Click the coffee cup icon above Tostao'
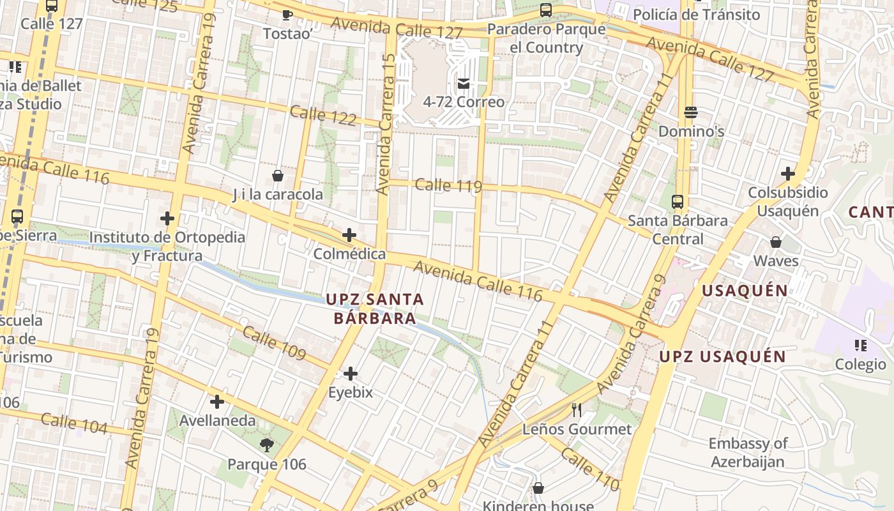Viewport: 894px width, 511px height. point(287,15)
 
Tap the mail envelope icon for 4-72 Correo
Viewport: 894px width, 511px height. point(464,83)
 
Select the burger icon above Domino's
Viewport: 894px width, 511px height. point(690,112)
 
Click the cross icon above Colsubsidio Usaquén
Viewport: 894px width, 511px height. point(788,174)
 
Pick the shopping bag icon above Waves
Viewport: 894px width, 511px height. point(776,242)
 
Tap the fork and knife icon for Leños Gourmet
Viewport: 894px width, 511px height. point(577,409)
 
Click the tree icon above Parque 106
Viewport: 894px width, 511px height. point(267,445)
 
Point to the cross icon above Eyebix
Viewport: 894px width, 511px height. point(351,374)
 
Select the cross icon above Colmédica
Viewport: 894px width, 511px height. point(349,235)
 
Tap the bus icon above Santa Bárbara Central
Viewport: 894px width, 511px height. point(678,202)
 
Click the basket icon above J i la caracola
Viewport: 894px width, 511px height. point(278,176)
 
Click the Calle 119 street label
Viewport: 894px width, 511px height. point(448,186)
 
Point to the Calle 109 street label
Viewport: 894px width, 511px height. point(274,343)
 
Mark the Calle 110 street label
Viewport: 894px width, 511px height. point(589,468)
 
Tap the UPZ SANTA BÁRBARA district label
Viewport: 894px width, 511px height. point(375,309)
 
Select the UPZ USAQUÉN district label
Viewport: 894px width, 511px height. point(722,356)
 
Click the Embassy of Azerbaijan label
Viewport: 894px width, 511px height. point(748,452)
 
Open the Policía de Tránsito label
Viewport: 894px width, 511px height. point(696,14)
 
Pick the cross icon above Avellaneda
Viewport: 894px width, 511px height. point(217,402)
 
